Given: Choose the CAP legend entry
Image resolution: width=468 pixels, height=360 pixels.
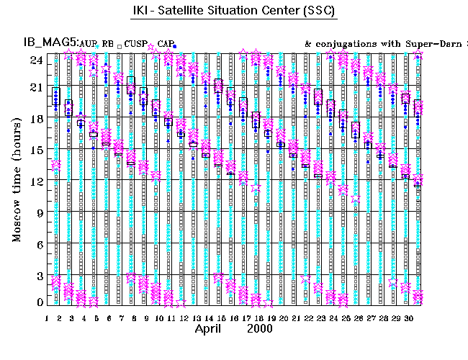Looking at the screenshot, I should (166, 45).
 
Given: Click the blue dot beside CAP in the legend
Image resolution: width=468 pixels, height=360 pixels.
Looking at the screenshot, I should (175, 46).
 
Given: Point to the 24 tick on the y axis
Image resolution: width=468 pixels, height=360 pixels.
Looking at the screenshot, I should (35, 60).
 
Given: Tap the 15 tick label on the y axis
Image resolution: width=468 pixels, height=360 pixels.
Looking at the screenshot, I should (35, 150).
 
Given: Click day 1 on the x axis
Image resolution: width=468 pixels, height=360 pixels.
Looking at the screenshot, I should (47, 318).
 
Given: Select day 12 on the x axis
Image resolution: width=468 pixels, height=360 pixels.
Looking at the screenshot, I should (184, 318).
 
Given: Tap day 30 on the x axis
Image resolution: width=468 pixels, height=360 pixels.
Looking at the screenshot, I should (407, 318).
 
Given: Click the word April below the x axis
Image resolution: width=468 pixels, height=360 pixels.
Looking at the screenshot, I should (212, 329).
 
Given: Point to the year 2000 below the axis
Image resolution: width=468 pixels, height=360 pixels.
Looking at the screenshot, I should (260, 329).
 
